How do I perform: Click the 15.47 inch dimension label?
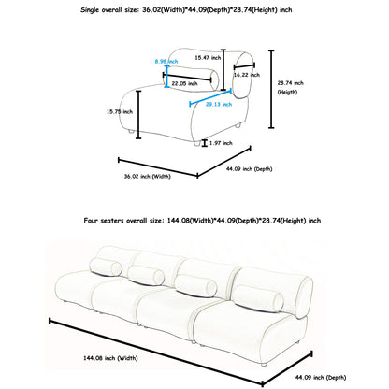click(208, 58)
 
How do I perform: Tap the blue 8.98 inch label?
click(166, 62)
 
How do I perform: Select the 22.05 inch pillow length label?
click(184, 83)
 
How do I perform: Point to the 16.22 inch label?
click(247, 75)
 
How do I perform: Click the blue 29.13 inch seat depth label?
click(219, 104)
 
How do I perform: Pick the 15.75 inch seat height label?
click(120, 111)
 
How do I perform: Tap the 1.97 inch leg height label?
click(221, 143)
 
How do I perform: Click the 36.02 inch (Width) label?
click(148, 177)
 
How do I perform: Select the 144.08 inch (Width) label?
click(110, 358)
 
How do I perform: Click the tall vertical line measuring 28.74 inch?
click(271, 89)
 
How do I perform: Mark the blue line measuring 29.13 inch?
click(210, 97)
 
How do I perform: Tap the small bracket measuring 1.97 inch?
click(204, 143)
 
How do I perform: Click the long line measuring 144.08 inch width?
click(156, 352)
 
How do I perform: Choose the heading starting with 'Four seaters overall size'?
click(202, 221)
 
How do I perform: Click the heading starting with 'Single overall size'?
click(186, 10)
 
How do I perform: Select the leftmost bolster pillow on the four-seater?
click(106, 267)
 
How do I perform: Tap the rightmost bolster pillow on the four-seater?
click(258, 298)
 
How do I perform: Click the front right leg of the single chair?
click(196, 143)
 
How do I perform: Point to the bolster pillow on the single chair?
click(191, 79)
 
